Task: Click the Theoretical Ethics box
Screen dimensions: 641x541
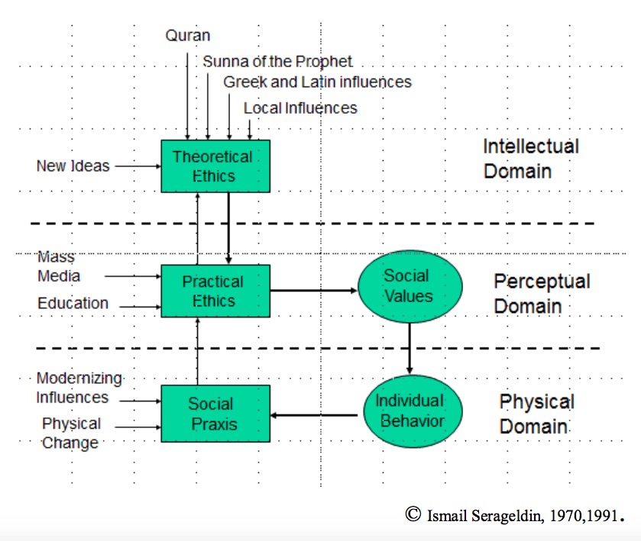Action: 215,166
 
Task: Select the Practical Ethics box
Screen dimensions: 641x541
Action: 215,291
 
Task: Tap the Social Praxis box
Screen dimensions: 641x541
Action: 215,414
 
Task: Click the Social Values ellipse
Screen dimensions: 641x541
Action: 410,287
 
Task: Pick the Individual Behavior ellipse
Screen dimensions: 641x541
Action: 413,411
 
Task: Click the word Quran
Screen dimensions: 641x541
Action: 188,36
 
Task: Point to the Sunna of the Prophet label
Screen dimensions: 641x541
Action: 277,61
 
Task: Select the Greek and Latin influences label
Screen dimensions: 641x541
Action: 317,82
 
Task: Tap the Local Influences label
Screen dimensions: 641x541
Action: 300,108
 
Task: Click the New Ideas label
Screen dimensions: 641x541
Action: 73,166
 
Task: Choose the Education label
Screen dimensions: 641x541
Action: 73,304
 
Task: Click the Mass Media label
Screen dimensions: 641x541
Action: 59,266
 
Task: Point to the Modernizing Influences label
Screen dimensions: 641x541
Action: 79,388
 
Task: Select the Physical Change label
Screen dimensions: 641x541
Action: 71,433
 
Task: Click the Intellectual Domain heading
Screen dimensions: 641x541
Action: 531,159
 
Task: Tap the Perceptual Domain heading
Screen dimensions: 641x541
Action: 542,294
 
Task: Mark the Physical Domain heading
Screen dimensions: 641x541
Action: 537,414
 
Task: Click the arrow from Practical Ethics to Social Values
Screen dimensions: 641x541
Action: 313,290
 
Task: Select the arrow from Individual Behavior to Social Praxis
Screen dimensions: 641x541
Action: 314,415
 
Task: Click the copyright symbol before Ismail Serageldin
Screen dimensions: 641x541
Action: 413,514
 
